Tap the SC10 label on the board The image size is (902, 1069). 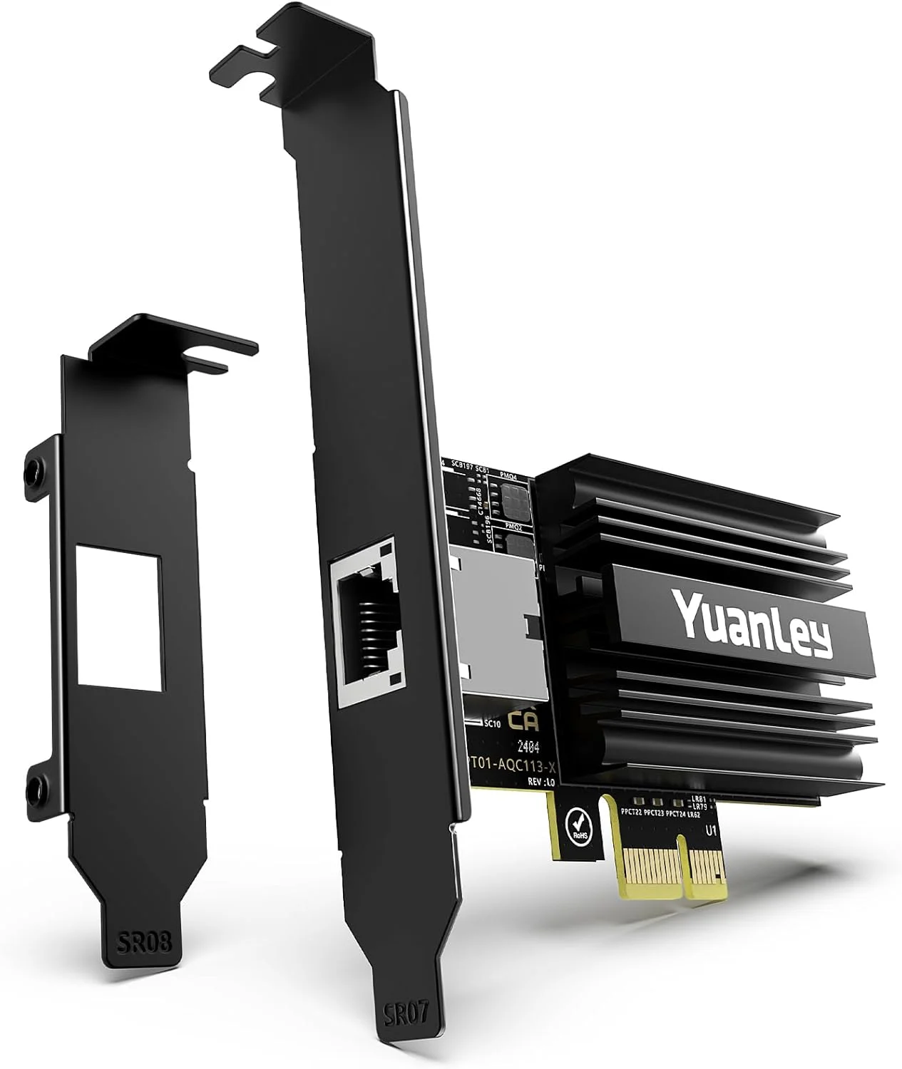pyautogui.click(x=493, y=724)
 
